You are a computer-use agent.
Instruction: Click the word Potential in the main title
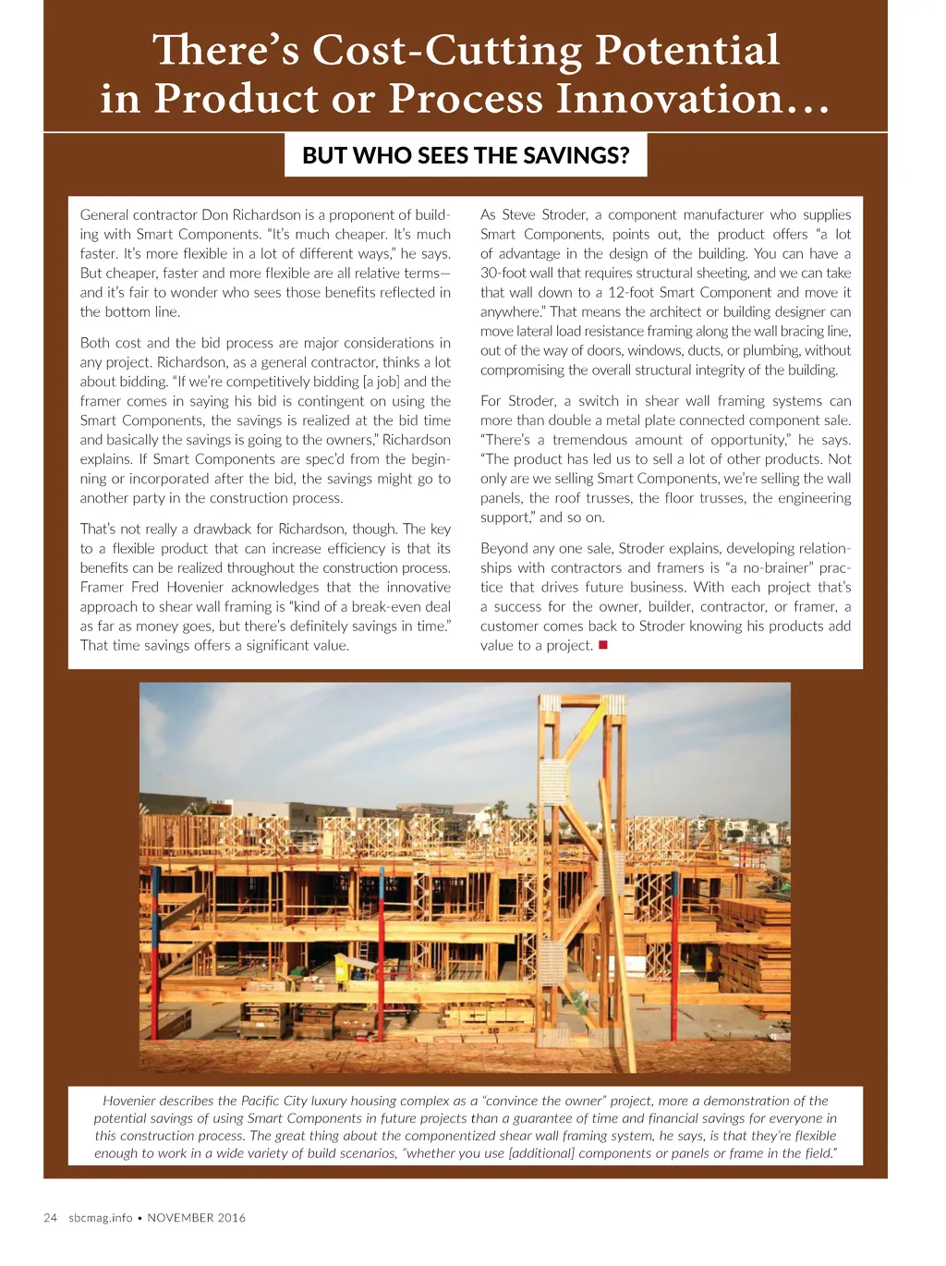tap(686, 50)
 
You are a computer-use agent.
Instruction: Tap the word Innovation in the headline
tap(682, 98)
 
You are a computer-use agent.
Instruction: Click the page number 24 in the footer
tap(51, 1217)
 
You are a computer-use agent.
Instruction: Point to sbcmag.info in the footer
tap(101, 1217)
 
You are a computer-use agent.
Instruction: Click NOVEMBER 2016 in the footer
tap(197, 1217)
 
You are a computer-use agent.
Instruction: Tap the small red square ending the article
tap(602, 645)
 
